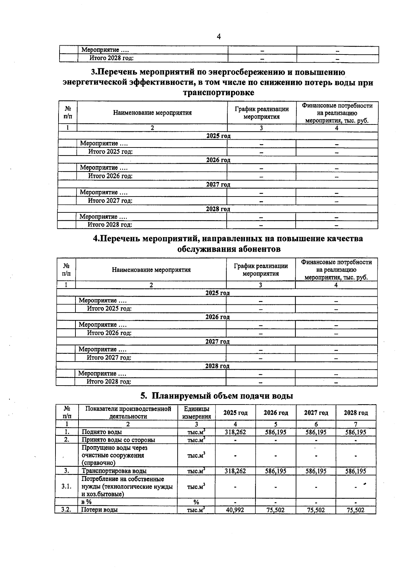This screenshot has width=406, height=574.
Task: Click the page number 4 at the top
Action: tap(219, 37)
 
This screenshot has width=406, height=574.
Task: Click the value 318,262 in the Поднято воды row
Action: tap(235, 432)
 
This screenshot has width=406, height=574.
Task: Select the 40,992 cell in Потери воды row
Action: tap(235, 510)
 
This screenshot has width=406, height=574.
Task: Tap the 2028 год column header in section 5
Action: tap(356, 413)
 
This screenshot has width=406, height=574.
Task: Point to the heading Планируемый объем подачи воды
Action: tap(217, 395)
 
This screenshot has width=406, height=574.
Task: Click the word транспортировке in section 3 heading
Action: tap(218, 92)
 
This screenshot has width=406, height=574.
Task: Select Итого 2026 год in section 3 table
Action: tap(110, 176)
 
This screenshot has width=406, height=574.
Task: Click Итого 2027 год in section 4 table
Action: tap(109, 358)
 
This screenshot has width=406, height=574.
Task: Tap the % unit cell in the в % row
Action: tap(196, 502)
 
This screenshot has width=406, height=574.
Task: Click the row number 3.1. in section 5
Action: tap(66, 486)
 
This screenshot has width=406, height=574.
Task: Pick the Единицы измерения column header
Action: tap(196, 413)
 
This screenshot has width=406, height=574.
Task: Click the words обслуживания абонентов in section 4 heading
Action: tap(229, 249)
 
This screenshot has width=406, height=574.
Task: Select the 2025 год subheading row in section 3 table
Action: tap(218, 136)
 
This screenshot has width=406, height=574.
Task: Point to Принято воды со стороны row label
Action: tap(118, 440)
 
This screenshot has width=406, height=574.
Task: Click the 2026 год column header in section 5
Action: tap(276, 413)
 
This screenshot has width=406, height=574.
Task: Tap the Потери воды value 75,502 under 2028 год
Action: tap(356, 510)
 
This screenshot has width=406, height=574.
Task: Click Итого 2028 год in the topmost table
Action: tap(111, 58)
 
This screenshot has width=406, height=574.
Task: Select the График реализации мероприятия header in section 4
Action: tap(261, 270)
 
